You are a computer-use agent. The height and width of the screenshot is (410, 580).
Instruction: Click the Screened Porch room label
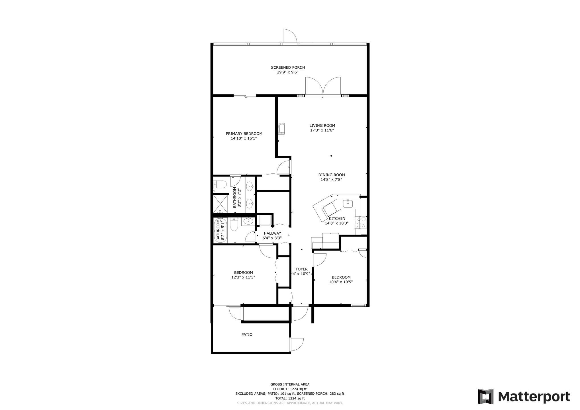(x=288, y=67)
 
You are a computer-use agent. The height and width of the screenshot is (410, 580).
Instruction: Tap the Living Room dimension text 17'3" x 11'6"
(x=322, y=130)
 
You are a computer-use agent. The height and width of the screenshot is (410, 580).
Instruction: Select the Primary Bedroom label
(x=244, y=134)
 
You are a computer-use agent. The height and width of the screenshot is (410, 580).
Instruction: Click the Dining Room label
(x=332, y=175)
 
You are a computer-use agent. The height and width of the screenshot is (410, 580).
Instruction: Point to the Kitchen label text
(x=337, y=219)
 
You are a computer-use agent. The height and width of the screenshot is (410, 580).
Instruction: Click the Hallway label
(x=272, y=233)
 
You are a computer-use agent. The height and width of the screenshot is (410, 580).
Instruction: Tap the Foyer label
(x=301, y=269)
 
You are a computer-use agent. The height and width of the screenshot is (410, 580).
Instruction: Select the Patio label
(x=247, y=335)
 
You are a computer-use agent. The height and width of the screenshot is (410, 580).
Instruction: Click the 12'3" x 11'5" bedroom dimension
(x=243, y=277)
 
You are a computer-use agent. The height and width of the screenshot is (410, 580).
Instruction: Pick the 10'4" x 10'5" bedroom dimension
(x=341, y=282)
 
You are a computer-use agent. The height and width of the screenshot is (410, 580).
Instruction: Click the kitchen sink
(x=348, y=204)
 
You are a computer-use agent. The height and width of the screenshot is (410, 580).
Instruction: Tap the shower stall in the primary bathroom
(x=221, y=203)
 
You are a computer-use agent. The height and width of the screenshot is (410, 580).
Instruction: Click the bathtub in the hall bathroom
(x=221, y=230)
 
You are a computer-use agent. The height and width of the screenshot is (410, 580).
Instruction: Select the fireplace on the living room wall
(x=281, y=128)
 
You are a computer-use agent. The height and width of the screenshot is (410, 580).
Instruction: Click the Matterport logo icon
(x=486, y=396)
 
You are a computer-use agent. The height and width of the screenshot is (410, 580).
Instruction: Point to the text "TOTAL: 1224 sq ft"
(x=290, y=398)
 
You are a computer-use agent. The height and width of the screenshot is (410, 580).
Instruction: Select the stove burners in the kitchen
(x=361, y=222)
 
